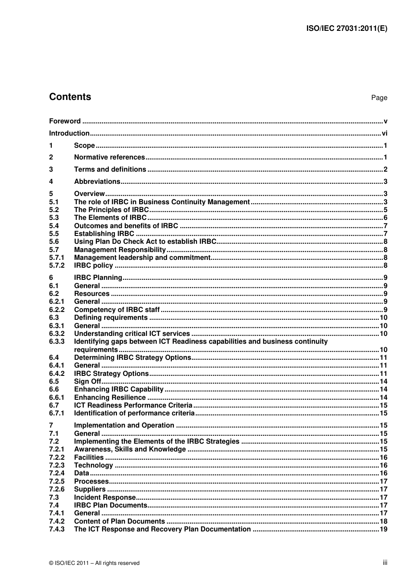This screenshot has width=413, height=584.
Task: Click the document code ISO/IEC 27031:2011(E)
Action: pos(346,29)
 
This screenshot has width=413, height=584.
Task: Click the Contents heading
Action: pos(70,97)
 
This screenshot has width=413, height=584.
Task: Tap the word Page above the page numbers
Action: pos(379,98)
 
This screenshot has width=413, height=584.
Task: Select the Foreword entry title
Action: pos(65,121)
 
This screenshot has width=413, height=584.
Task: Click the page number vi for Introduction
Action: pos(384,133)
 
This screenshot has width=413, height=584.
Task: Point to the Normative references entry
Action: pos(109,157)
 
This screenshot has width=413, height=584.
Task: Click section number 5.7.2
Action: pos(57,265)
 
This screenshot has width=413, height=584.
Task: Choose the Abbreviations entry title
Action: pos(97,182)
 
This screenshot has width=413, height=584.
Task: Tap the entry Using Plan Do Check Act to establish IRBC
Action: pos(145,242)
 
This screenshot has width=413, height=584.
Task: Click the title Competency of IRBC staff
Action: pos(117,310)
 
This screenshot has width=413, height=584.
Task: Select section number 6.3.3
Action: pos(57,342)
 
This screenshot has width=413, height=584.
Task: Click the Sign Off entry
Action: pos(87,382)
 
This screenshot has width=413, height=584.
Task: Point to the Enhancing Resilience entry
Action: pos(110,398)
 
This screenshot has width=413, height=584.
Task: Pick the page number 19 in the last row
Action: pos(383,529)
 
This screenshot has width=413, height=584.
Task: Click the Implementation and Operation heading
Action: pos(124,425)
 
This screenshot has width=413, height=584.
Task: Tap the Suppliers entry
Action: pos(90,489)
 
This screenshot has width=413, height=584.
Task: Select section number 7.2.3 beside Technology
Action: pos(57,465)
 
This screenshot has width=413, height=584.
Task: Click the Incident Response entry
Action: pos(105,498)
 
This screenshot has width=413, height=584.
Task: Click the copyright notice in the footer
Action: pos(94,563)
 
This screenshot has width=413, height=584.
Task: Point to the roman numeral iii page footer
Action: pos(385,563)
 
